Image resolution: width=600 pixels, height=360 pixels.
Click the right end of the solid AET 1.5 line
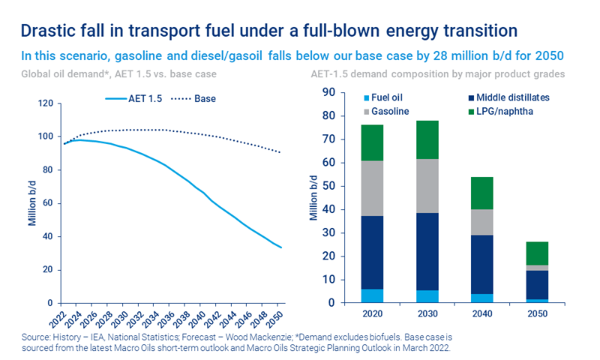[x=281, y=247]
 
